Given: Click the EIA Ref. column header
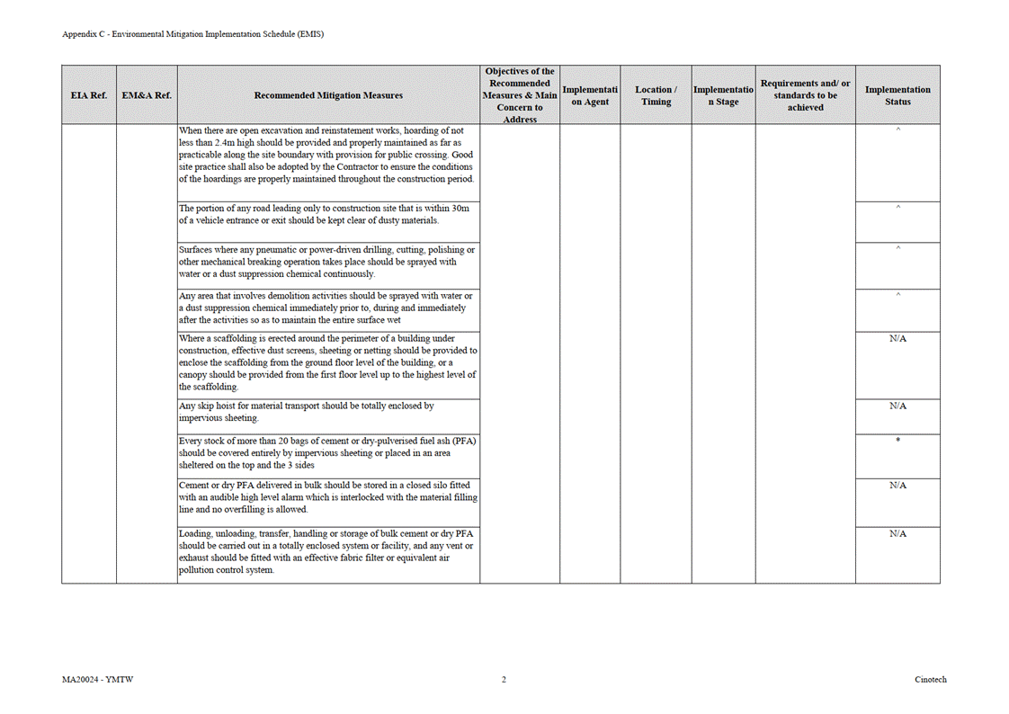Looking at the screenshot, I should (88, 95).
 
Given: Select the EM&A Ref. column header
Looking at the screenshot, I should (147, 95).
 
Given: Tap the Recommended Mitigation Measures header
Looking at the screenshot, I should (328, 95).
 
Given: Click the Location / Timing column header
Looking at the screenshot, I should (656, 95).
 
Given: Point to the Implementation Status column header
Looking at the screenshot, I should (897, 95).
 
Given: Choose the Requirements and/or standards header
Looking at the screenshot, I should (805, 95).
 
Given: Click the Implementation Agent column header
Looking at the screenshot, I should (590, 95).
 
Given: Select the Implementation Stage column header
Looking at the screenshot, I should (723, 95).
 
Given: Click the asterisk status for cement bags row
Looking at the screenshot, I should (897, 441).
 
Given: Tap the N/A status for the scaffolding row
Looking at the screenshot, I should (897, 339).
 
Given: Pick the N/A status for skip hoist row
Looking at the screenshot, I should (897, 406).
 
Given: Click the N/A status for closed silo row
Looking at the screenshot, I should (897, 486).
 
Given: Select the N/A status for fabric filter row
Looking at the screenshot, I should (897, 534).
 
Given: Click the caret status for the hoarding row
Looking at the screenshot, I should (897, 131).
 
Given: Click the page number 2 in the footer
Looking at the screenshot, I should (504, 680).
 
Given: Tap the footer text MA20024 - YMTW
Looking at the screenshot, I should (92, 680).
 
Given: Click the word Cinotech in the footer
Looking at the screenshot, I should (931, 680).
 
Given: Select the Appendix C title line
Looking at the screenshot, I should (192, 34).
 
